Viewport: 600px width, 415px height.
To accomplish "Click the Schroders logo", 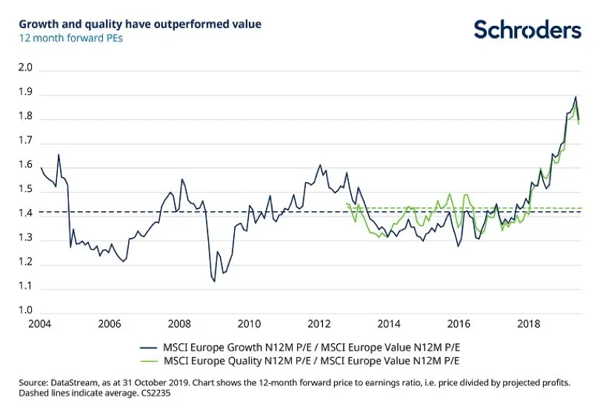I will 527,30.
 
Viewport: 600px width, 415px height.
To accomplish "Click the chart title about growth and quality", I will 140,24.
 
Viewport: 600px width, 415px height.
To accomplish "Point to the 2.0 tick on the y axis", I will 26,67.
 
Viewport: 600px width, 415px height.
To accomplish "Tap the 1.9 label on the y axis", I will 26,92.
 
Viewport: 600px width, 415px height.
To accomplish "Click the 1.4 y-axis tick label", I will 26,213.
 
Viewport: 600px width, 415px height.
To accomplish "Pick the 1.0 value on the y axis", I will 26,310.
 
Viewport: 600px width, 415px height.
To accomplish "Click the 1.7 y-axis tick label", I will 26,140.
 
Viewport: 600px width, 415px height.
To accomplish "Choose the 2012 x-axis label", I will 319,324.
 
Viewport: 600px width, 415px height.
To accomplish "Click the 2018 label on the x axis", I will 528,324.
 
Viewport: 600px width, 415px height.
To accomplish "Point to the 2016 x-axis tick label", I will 459,324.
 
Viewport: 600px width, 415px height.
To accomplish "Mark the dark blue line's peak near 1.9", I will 576,97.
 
